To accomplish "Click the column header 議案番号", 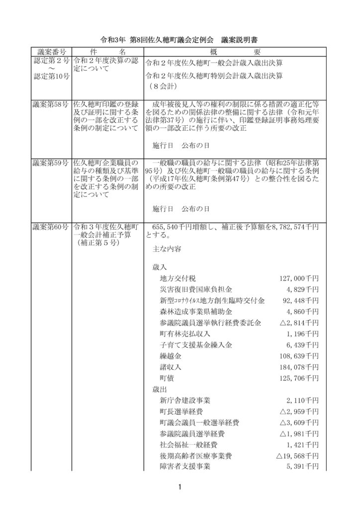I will (52, 52).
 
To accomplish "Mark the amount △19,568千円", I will (297, 455).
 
